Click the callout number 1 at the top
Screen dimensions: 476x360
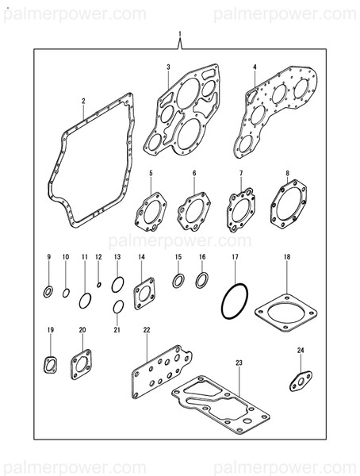pos(180,34)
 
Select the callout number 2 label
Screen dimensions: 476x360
pos(83,101)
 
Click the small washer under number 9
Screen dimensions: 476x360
pos(48,293)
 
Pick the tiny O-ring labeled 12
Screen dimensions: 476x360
pos(98,285)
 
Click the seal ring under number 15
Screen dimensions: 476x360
pos(179,279)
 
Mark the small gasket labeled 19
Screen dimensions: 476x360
pos(51,364)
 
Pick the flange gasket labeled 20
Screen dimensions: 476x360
pos(81,363)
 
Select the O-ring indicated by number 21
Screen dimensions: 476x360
pos(117,306)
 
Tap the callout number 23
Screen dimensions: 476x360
pos(238,363)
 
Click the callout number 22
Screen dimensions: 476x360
pos(146,329)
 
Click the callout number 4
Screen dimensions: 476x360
pos(255,67)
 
